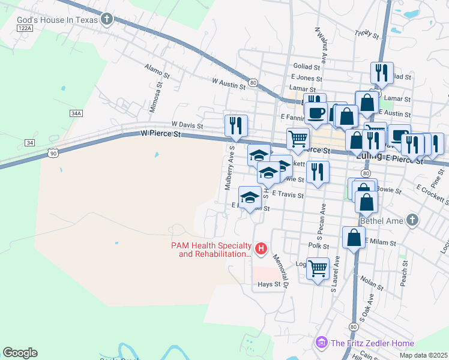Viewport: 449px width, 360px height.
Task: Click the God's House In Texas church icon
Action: pyautogui.click(x=107, y=19)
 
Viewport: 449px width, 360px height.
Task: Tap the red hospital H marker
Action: pyautogui.click(x=261, y=248)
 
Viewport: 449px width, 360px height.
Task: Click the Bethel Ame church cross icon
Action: pyautogui.click(x=412, y=220)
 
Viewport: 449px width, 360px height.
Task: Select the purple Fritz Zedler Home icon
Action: pyautogui.click(x=322, y=343)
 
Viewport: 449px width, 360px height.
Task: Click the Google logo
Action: pyautogui.click(x=20, y=353)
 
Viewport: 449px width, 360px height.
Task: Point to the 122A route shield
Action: pyautogui.click(x=24, y=28)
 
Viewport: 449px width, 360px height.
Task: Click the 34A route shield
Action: pyautogui.click(x=76, y=113)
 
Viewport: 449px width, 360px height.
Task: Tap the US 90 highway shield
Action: pyautogui.click(x=53, y=154)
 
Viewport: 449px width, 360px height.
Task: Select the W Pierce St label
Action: pyautogui.click(x=160, y=135)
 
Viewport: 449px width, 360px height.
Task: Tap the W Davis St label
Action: pyautogui.click(x=187, y=126)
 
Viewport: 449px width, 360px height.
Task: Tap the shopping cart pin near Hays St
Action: pyautogui.click(x=318, y=268)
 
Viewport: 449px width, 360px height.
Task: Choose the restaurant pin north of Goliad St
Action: pyautogui.click(x=382, y=73)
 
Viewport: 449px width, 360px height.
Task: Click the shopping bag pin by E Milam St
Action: pyautogui.click(x=354, y=237)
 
